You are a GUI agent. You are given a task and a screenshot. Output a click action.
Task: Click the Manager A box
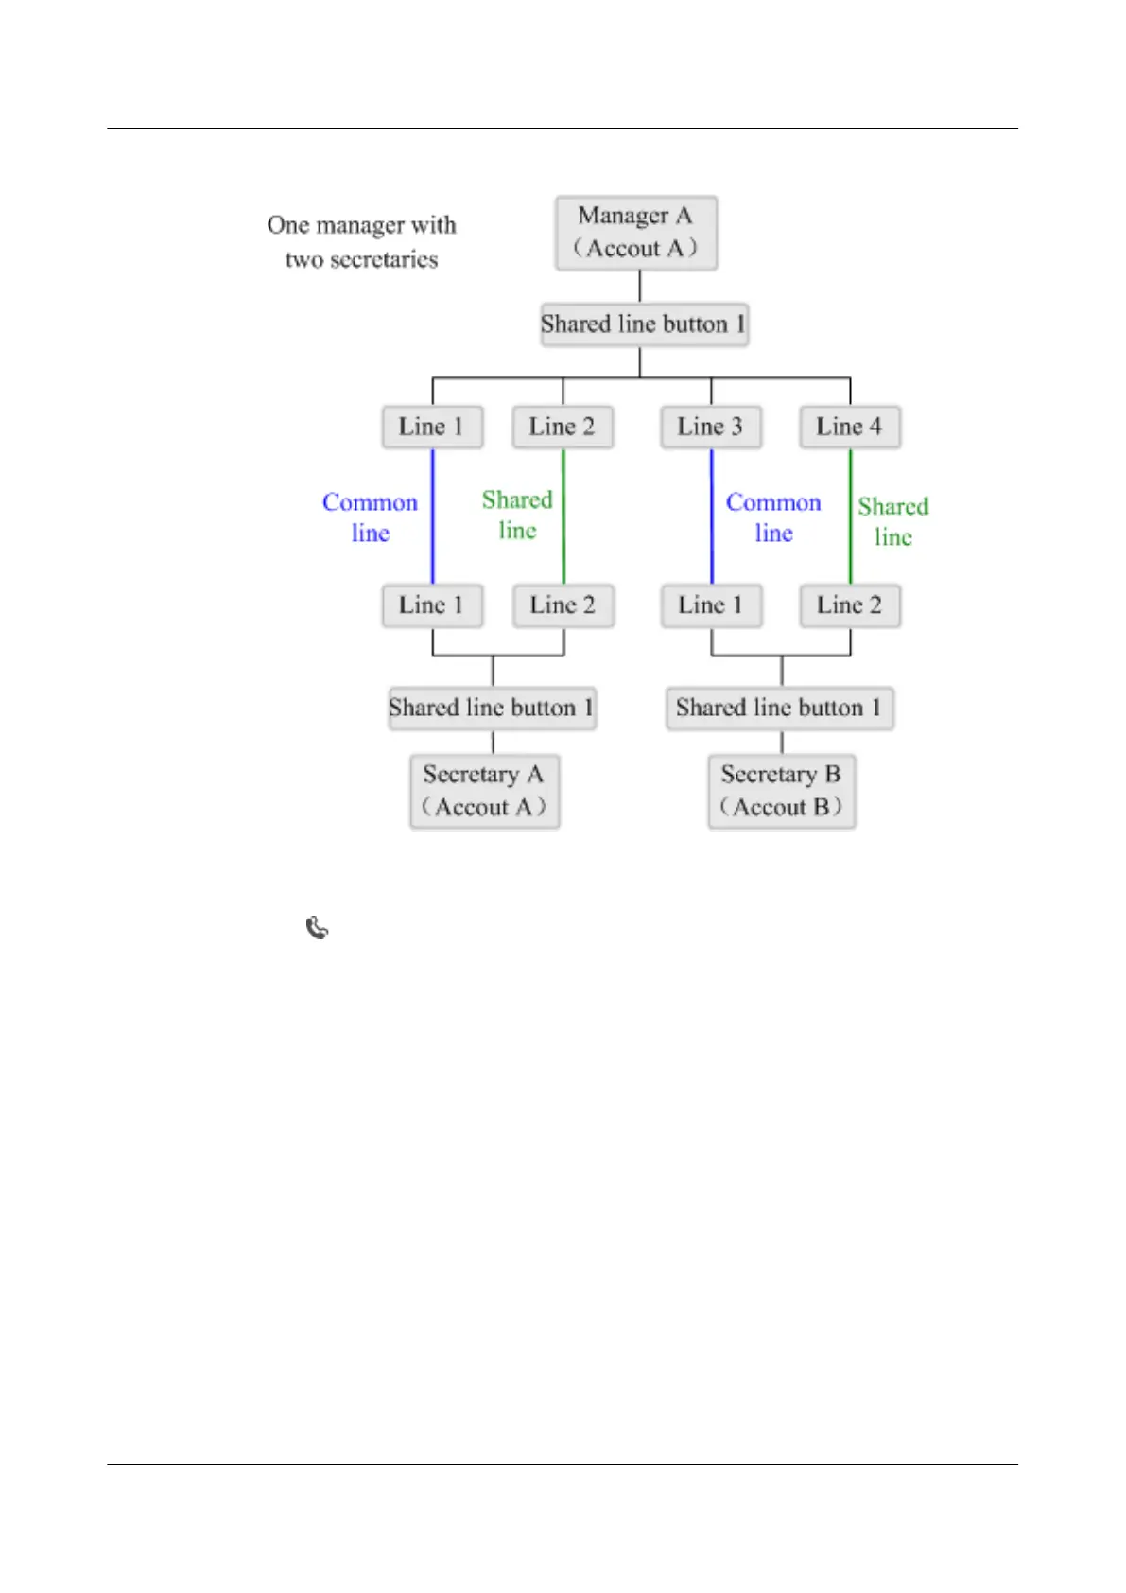(x=636, y=233)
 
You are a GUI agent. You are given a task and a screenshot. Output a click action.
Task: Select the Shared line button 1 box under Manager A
(x=644, y=324)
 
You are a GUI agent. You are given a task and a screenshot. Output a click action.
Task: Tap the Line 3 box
(x=711, y=427)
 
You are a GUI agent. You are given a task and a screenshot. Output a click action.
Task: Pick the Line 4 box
(x=849, y=427)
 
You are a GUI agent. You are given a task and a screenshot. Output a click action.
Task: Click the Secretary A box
(x=484, y=791)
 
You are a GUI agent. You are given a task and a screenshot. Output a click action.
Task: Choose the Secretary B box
(x=782, y=791)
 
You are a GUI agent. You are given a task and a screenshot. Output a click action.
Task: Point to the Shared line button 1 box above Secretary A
(x=492, y=708)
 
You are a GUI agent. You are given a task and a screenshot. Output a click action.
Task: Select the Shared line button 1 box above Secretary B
(x=779, y=708)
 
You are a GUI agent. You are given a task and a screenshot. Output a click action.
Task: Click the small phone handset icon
(x=318, y=928)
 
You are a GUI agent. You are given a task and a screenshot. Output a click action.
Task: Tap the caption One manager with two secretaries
(x=362, y=242)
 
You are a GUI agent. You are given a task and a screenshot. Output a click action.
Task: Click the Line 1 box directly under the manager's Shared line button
(x=432, y=427)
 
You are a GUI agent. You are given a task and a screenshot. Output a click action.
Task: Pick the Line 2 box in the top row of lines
(x=563, y=427)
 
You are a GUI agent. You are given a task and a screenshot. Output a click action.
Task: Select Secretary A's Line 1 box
(x=432, y=605)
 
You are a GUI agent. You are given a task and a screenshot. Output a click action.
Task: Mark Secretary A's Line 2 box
(x=563, y=605)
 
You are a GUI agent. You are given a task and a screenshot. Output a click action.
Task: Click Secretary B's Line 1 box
(x=711, y=605)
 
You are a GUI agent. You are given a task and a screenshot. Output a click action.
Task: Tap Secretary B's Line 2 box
(x=849, y=605)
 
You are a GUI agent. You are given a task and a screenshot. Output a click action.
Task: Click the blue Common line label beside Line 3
(x=773, y=517)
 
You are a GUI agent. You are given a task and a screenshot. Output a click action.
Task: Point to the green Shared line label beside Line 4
(x=893, y=521)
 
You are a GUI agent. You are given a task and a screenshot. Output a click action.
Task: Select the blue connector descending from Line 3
(x=712, y=516)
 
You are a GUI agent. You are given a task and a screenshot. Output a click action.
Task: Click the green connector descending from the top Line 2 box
(x=563, y=516)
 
